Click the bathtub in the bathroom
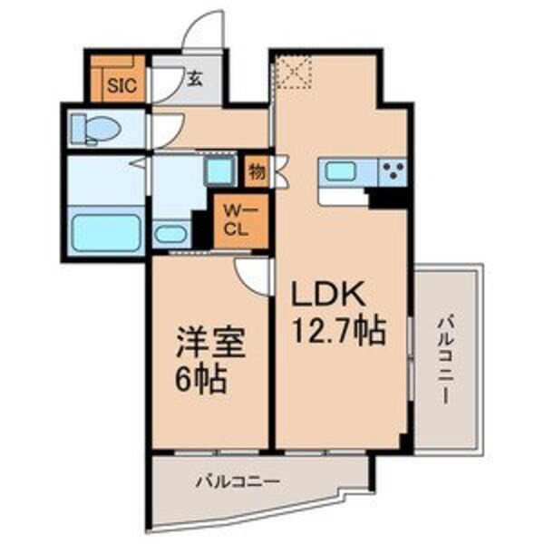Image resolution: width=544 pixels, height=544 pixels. pos(104,231)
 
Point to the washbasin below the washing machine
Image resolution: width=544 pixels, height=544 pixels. pos(169,233)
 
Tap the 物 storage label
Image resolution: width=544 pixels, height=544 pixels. pos(257,169)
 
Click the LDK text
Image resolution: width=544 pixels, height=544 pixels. pos(327,297)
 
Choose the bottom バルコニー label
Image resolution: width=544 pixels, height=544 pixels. pos(238,481)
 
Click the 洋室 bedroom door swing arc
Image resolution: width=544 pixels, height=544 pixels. pos(253,272)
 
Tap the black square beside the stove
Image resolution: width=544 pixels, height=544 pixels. pos(392,194)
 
